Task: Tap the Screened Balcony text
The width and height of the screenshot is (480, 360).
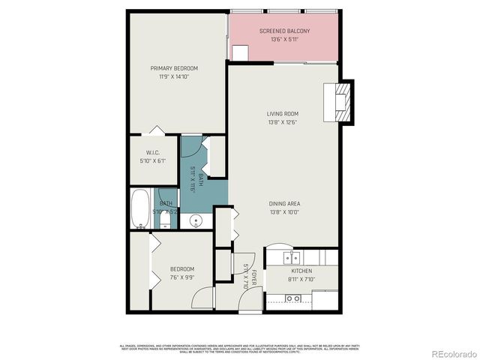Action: [284, 31]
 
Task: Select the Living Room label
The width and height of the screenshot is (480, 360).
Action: [283, 113]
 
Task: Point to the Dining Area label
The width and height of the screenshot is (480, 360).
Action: [284, 204]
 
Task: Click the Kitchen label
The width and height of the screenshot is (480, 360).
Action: [301, 271]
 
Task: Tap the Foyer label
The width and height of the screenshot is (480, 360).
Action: [254, 274]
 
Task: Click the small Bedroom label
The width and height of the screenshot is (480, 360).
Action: [181, 269]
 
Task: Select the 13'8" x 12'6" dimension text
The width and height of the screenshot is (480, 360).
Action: [283, 121]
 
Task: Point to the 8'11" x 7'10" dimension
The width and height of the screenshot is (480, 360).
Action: [301, 279]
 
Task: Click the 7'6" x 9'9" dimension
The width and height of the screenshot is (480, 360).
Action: [181, 277]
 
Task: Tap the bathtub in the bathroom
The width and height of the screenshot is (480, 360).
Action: [140, 208]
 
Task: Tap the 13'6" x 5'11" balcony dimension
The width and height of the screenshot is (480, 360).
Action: [284, 39]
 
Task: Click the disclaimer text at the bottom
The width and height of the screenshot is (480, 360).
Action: [240, 347]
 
